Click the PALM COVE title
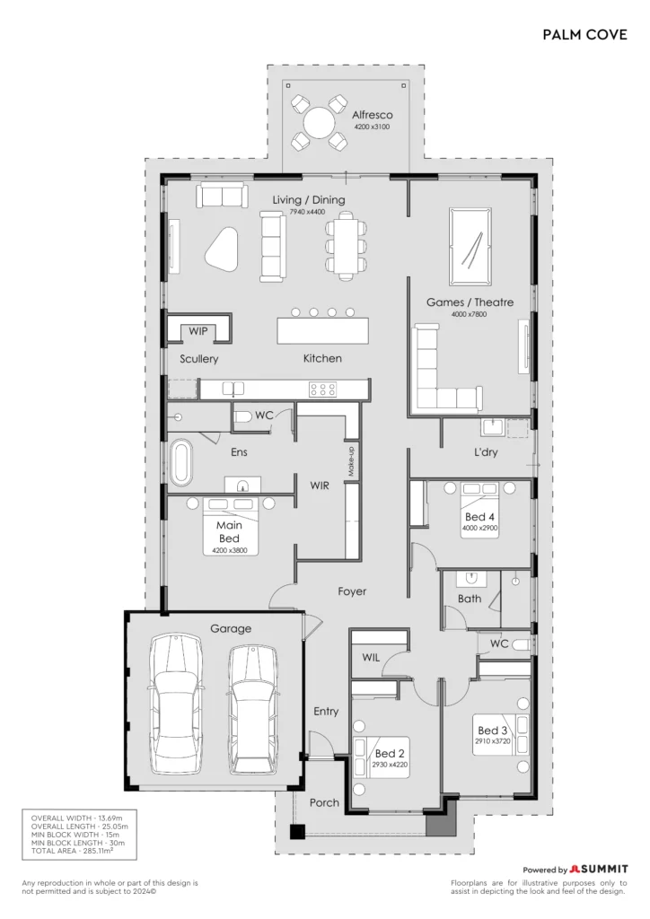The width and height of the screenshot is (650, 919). [x=584, y=35]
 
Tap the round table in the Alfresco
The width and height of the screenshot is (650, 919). [x=319, y=123]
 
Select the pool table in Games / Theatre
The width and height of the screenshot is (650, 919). [x=470, y=246]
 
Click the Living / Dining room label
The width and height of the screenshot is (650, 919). [x=308, y=200]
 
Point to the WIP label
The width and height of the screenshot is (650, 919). [x=198, y=331]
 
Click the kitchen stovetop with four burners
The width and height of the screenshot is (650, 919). [x=322, y=389]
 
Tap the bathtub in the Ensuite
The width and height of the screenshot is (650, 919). [x=181, y=462]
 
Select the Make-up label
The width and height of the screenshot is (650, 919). [x=351, y=460]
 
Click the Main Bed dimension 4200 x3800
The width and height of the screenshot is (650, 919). [x=229, y=550]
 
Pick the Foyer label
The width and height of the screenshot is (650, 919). [x=352, y=591]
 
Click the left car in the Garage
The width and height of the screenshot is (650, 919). [x=177, y=704]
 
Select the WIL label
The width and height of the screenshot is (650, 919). [x=371, y=658]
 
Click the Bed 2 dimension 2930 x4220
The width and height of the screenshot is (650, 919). [x=390, y=765]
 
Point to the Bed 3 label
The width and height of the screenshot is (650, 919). [x=492, y=731]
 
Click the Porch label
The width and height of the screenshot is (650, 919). [x=324, y=803]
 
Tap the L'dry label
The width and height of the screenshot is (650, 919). [x=486, y=452]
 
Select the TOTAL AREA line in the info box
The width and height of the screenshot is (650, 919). [x=72, y=851]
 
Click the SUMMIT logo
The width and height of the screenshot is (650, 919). [x=599, y=869]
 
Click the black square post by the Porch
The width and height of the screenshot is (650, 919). [x=298, y=832]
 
